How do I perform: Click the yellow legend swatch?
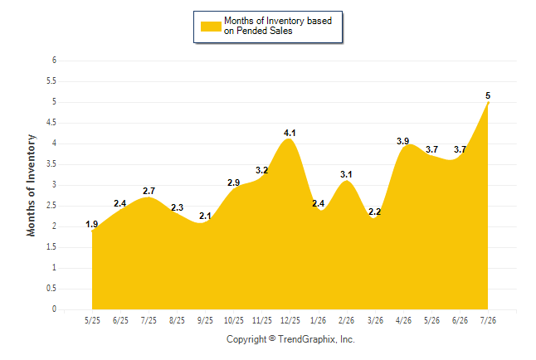(x=211, y=27)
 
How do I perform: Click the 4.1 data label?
(x=290, y=133)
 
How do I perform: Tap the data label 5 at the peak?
(x=488, y=95)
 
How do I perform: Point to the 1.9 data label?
(x=91, y=224)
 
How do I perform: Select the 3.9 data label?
(x=402, y=141)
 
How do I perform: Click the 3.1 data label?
(x=346, y=174)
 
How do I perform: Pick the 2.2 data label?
(x=374, y=212)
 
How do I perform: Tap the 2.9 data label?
(x=233, y=183)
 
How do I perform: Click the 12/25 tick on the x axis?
(x=290, y=320)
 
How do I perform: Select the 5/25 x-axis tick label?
(x=92, y=320)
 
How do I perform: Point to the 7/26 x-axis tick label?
(x=488, y=320)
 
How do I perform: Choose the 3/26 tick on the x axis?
(x=375, y=320)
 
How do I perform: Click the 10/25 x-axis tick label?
(x=233, y=320)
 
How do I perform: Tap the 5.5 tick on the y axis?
(x=51, y=81)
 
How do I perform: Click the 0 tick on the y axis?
(x=54, y=309)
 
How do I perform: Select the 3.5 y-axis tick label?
(x=51, y=164)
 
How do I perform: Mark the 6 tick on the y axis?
(x=54, y=61)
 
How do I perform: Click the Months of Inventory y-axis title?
(x=31, y=185)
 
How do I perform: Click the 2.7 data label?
(x=149, y=191)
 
